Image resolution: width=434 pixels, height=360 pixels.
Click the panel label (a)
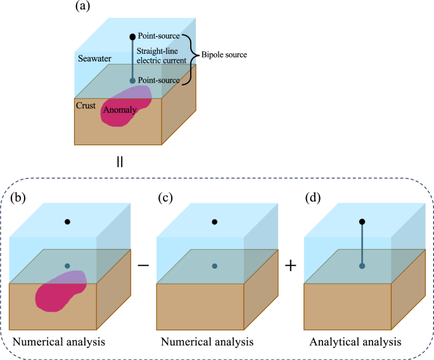(x=82, y=8)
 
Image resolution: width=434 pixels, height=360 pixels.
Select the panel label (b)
(x=20, y=198)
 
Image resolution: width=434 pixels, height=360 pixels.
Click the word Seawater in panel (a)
(x=95, y=58)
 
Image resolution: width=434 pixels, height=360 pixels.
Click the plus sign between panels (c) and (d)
(x=291, y=266)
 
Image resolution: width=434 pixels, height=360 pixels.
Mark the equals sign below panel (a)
(x=119, y=162)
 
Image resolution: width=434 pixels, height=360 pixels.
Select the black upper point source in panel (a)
(x=132, y=37)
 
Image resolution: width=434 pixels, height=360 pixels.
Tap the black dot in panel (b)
(x=67, y=222)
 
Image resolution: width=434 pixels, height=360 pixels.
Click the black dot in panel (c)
(x=215, y=222)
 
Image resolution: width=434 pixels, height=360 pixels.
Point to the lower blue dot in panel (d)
(x=362, y=266)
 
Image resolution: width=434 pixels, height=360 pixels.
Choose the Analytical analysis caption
(x=355, y=342)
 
